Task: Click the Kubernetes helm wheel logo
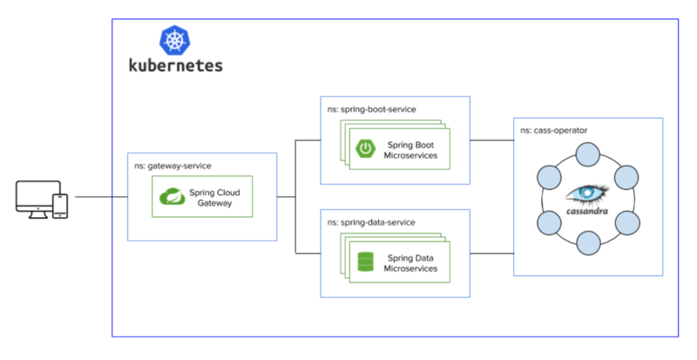[175, 40]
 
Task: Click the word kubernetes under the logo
[175, 65]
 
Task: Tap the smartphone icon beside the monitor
[60, 205]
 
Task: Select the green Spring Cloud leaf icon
[173, 197]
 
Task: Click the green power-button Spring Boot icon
[365, 150]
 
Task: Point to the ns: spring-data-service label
[370, 222]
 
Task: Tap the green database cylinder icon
[364, 262]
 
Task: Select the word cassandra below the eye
[587, 212]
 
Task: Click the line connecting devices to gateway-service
[100, 197]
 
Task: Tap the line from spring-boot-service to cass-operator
[491, 139]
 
